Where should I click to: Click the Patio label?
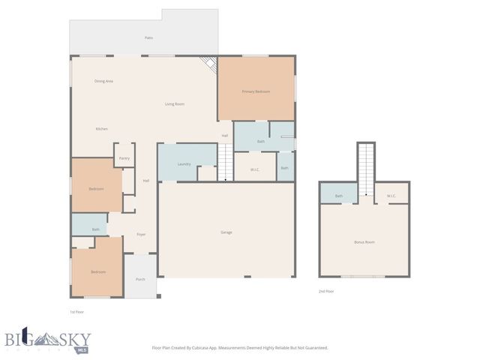(x=149, y=37)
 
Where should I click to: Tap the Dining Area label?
(x=103, y=81)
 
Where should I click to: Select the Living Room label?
(x=175, y=104)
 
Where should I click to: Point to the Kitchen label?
(x=101, y=129)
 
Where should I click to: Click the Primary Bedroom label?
(x=255, y=91)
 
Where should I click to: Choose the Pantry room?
(x=124, y=158)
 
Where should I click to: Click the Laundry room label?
(x=184, y=164)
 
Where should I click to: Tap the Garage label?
(x=226, y=232)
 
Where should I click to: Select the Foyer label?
(x=141, y=235)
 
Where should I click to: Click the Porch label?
(x=140, y=279)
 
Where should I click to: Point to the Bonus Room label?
(x=364, y=242)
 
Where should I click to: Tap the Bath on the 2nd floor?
(x=339, y=196)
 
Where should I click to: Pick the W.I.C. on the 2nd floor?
(x=391, y=196)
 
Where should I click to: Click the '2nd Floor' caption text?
(x=326, y=291)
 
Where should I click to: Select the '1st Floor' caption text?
(x=77, y=310)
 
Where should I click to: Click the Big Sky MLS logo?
(x=46, y=339)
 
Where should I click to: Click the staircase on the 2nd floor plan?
(x=365, y=170)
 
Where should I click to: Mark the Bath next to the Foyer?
(x=96, y=229)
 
